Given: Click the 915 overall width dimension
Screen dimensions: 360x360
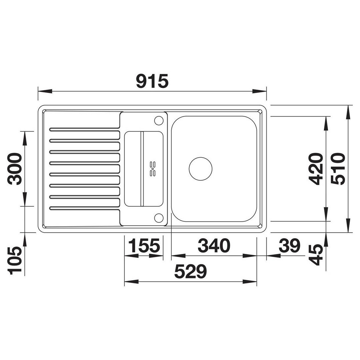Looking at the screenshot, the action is (152, 81).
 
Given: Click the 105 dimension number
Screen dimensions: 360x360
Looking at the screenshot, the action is (15, 261).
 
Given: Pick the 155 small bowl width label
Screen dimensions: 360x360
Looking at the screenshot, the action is (144, 246).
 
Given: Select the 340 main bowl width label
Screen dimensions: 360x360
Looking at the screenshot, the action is (214, 246).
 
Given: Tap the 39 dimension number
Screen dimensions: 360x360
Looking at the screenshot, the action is (289, 246).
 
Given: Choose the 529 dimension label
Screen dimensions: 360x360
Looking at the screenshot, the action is (191, 271).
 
